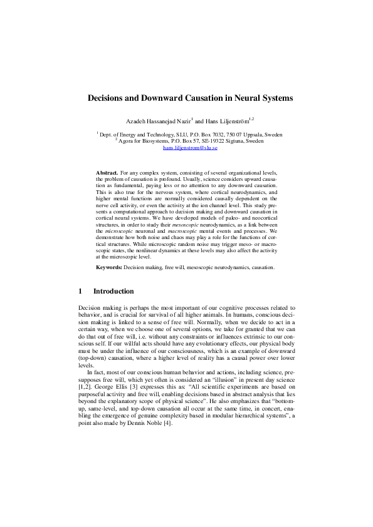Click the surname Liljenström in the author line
(x=231, y=120)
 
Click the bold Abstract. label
(x=107, y=172)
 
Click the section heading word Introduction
(x=113, y=291)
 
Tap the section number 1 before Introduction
(x=80, y=291)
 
